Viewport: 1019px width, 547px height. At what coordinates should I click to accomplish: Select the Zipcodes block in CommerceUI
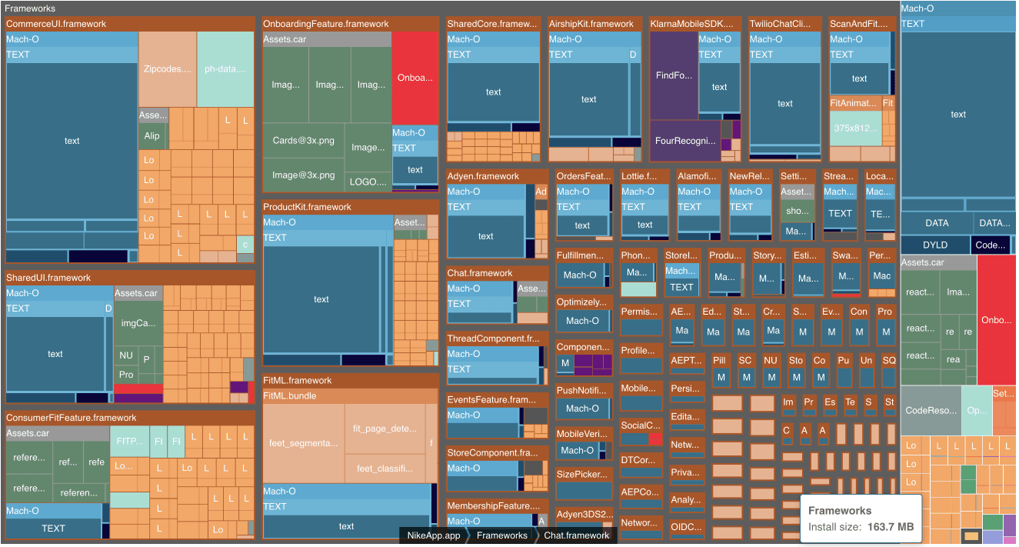pos(167,68)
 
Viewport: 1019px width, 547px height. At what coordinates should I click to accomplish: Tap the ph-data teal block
pos(225,68)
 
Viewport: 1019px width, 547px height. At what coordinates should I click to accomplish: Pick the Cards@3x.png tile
pos(304,141)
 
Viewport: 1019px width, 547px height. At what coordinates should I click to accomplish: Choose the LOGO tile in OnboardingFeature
pos(368,182)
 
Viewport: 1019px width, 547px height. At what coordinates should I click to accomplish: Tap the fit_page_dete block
pos(384,429)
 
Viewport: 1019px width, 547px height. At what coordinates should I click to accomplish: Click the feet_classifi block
pos(384,468)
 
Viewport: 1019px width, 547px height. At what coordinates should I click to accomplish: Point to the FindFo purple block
pos(674,75)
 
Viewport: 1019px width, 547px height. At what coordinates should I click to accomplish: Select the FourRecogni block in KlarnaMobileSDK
pos(684,141)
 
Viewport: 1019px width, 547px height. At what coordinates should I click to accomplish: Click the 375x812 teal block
pos(855,128)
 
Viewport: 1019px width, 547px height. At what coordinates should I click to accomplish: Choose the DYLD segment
pos(935,245)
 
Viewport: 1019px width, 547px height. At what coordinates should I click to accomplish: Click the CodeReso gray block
pos(931,410)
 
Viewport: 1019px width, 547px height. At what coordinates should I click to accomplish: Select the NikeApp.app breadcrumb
pos(433,535)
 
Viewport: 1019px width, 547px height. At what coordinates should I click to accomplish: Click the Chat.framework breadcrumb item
pos(576,535)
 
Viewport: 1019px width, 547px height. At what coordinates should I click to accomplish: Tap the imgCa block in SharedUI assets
pos(138,323)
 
